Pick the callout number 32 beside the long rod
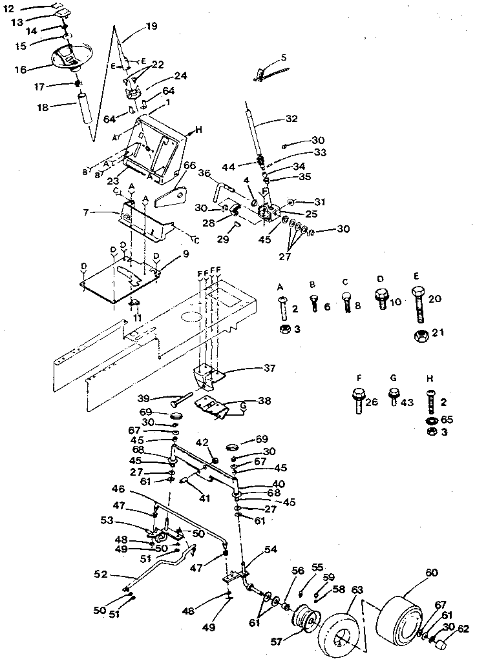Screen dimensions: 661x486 pos(293,119)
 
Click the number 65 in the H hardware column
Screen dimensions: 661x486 pos(448,420)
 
